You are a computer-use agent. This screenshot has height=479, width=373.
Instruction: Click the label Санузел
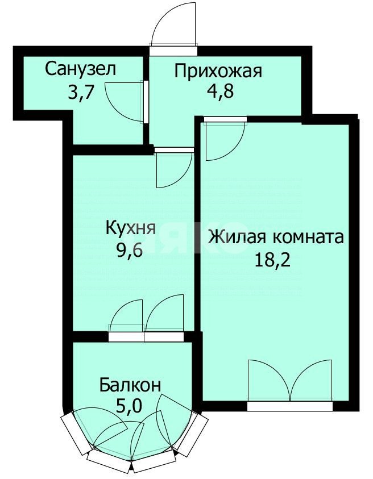click(x=81, y=70)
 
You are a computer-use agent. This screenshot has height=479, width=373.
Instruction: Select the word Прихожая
click(x=218, y=72)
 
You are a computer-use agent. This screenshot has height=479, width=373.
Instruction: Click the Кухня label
click(x=130, y=228)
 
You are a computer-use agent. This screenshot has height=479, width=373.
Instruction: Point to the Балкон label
click(x=130, y=385)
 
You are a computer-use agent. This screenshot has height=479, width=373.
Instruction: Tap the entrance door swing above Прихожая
click(x=173, y=26)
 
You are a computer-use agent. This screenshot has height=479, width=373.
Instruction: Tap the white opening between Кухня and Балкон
click(x=146, y=336)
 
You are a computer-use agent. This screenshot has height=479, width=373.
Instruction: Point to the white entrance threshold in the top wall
click(x=173, y=50)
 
